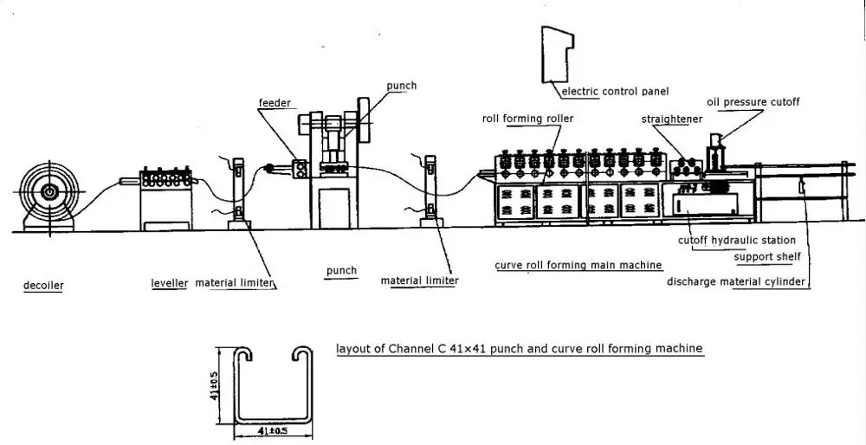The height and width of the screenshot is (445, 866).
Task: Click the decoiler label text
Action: click(43, 286)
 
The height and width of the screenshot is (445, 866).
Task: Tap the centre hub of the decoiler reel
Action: click(49, 191)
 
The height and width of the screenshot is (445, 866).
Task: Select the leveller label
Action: click(170, 283)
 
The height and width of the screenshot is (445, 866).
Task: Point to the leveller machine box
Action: click(166, 199)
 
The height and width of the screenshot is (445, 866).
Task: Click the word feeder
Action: click(275, 103)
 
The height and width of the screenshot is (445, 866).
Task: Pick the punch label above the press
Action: click(402, 86)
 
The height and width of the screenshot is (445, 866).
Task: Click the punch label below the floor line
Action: click(341, 270)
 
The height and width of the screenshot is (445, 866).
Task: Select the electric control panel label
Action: click(615, 91)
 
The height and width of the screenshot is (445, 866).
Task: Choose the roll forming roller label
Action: click(527, 118)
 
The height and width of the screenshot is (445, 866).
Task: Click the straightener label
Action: click(672, 119)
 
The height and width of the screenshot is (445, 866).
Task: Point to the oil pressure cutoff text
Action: click(753, 102)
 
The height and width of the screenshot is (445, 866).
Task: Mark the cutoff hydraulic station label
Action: click(737, 240)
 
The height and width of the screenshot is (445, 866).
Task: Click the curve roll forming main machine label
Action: click(578, 265)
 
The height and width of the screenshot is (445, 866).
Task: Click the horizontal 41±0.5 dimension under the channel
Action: click(273, 430)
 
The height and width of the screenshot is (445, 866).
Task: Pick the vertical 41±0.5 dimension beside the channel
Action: click(214, 386)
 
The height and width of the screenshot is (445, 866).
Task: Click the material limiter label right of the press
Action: click(420, 281)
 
